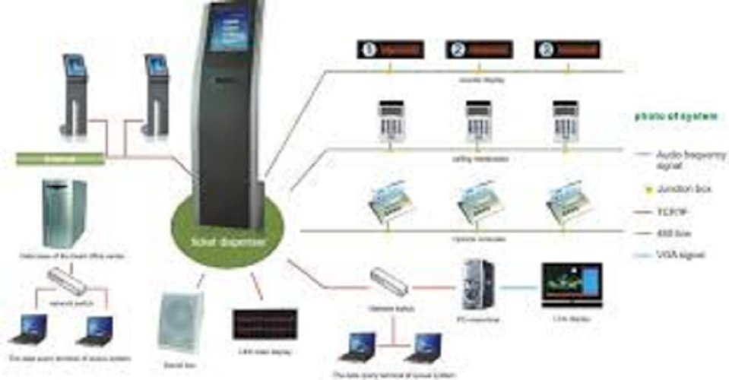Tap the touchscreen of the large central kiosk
(230, 31)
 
